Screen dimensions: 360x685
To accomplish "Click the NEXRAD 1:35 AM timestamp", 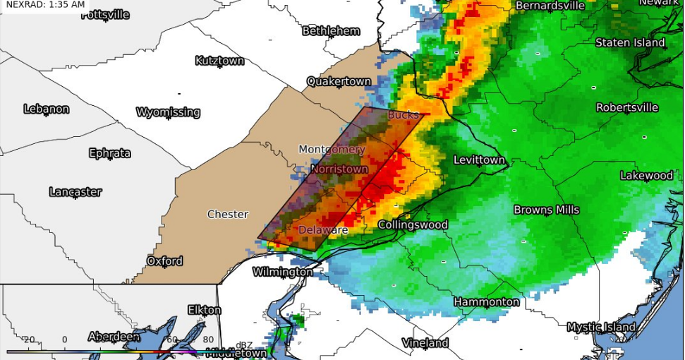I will [x=44, y=5].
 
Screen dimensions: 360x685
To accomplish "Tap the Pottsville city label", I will [x=105, y=15].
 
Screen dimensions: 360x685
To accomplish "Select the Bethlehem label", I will [x=331, y=31].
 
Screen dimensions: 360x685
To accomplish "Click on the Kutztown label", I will [x=219, y=61].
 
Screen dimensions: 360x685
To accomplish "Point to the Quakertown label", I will [x=339, y=82].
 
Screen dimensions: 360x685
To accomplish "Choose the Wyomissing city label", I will [x=168, y=112].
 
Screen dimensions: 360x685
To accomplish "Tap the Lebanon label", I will [x=47, y=109].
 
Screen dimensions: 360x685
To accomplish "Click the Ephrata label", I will [x=110, y=153].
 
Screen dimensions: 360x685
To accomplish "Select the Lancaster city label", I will [x=75, y=192].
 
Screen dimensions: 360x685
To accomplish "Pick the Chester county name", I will [x=227, y=215].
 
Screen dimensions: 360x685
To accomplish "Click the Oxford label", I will [x=164, y=261].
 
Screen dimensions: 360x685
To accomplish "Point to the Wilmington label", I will [x=282, y=272].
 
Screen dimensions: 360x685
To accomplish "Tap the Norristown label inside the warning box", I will [x=339, y=169].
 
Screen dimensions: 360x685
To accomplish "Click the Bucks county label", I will [x=403, y=115].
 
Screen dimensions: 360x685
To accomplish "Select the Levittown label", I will [x=479, y=160].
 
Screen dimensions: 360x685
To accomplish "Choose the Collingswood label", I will [x=413, y=225].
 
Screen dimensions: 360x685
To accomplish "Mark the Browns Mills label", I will [x=546, y=210].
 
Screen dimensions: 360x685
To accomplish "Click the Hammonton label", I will [x=486, y=302].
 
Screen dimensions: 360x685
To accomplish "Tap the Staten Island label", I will [x=630, y=43].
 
